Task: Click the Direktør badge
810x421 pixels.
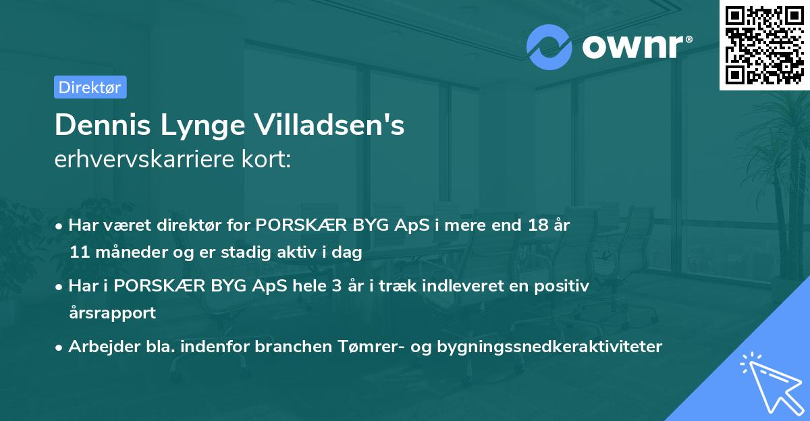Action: click(90, 87)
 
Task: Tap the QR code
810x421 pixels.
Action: click(764, 45)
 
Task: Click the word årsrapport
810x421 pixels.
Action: click(112, 313)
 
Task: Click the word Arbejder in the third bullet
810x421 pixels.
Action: click(98, 347)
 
